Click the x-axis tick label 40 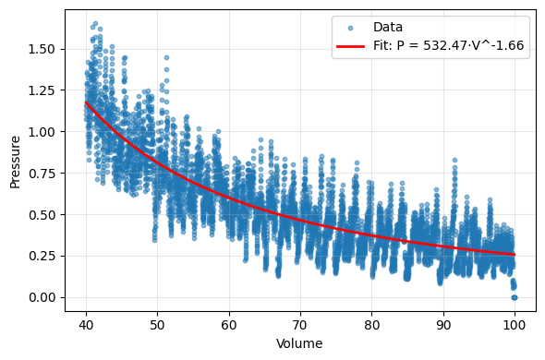86,325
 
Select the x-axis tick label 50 158,325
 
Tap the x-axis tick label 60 229,325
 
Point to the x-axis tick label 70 300,325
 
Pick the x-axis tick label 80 371,325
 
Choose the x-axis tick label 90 443,325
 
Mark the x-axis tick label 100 515,325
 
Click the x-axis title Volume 299,343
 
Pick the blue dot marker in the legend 351,28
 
